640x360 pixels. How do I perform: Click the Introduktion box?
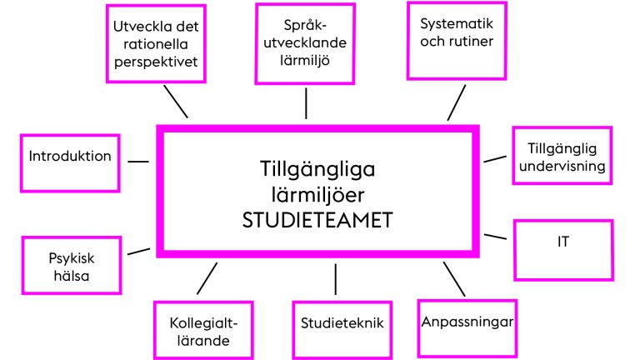tap(70, 163)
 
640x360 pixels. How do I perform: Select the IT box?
tap(563, 250)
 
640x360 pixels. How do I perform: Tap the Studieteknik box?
tap(342, 331)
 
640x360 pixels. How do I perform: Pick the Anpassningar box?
tap(467, 328)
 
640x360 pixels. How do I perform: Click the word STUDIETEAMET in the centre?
tap(317, 220)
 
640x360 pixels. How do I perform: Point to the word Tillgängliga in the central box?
tap(317, 170)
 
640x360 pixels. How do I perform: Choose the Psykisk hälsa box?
tap(72, 265)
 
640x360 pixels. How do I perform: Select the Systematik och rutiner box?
tap(457, 41)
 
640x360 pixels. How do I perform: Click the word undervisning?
tap(562, 166)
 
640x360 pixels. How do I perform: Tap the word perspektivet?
tap(156, 62)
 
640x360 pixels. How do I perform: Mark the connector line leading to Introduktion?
tap(138, 162)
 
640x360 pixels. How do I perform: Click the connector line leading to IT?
tap(495, 237)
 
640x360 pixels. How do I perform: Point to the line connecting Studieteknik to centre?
tap(336, 279)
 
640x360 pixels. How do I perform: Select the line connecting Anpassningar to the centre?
tap(454, 279)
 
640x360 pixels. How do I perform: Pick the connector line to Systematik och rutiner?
tap(457, 102)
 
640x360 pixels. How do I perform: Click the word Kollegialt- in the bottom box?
tap(203, 322)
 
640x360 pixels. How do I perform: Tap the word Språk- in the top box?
tap(305, 25)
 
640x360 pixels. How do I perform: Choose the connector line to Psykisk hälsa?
tap(139, 251)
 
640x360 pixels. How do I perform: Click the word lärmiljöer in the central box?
tap(317, 195)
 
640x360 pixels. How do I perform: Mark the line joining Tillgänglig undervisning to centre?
tap(495, 159)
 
